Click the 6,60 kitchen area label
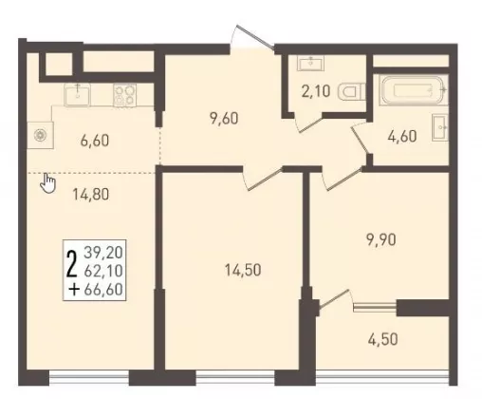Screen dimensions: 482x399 pos(95,141)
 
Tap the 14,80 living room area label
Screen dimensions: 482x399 pos(91,194)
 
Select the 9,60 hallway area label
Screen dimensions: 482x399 pos(224,119)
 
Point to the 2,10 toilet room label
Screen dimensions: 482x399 pos(316,91)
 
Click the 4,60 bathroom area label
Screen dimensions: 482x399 pos(402,137)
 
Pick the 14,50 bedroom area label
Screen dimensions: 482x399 pos(243,271)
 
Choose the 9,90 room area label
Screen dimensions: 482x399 pos(381,240)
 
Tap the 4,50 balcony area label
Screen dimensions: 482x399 pos(383,340)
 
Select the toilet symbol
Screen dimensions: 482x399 pos(352,92)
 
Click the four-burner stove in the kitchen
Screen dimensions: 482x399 pos(125,94)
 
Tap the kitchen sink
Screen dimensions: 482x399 pos(78,94)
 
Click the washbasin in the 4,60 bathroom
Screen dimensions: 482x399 pos(440,127)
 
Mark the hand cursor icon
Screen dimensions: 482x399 pos(47,183)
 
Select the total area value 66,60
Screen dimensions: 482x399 pos(103,290)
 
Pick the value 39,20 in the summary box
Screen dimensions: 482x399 pos(103,253)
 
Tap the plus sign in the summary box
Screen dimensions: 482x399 pos(74,290)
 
